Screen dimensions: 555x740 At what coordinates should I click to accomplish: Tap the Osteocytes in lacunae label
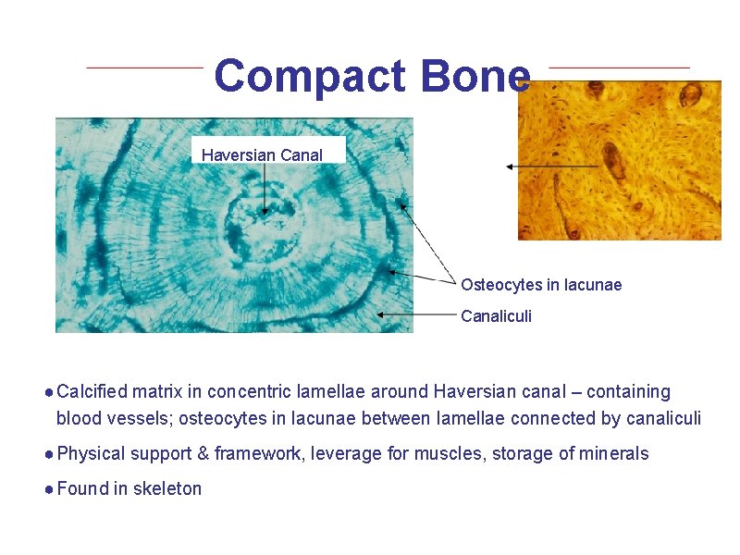541,285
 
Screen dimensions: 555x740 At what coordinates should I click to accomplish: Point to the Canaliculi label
497,316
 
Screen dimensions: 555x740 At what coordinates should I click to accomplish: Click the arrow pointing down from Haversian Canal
265,189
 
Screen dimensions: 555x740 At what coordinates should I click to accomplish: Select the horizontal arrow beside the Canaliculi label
416,314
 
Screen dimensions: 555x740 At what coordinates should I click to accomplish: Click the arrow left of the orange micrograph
551,166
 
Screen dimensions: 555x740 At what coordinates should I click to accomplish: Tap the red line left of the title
144,68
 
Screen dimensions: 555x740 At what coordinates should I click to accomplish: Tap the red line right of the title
619,68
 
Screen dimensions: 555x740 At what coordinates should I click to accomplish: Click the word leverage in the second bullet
343,454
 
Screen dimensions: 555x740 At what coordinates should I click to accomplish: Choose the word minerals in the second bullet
614,453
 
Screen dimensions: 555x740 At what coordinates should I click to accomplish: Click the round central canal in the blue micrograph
264,210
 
